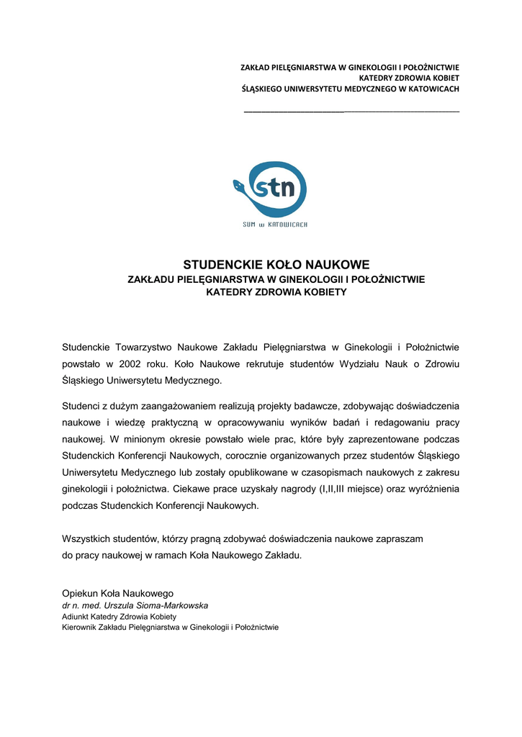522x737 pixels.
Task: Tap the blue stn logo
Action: [270, 189]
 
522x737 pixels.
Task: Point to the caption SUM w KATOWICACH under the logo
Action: [275, 225]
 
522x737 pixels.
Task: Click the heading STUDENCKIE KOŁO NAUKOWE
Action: [276, 265]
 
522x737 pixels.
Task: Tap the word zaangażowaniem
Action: [178, 407]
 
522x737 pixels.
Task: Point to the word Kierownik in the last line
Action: [81, 628]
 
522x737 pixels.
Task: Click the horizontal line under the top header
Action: [351, 112]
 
